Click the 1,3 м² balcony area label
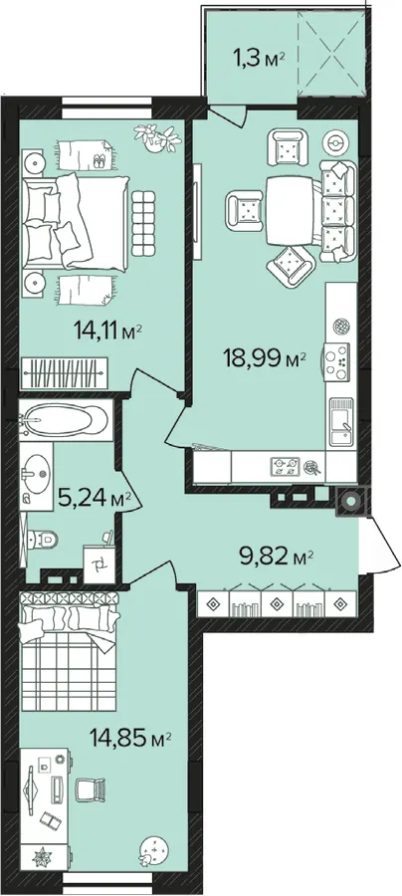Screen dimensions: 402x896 tap(258, 59)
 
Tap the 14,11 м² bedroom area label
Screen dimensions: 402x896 tap(106, 330)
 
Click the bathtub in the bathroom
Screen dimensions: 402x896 tap(64, 420)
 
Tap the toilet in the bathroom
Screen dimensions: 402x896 tap(42, 538)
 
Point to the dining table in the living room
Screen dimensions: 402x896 tap(290, 209)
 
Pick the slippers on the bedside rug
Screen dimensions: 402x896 tap(99, 161)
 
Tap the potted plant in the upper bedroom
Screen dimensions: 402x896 tap(156, 137)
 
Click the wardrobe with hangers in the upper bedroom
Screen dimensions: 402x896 tap(64, 372)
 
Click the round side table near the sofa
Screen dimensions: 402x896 tap(335, 142)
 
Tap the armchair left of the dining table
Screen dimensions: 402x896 tap(245, 209)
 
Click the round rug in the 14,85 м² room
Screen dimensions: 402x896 tap(155, 851)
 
